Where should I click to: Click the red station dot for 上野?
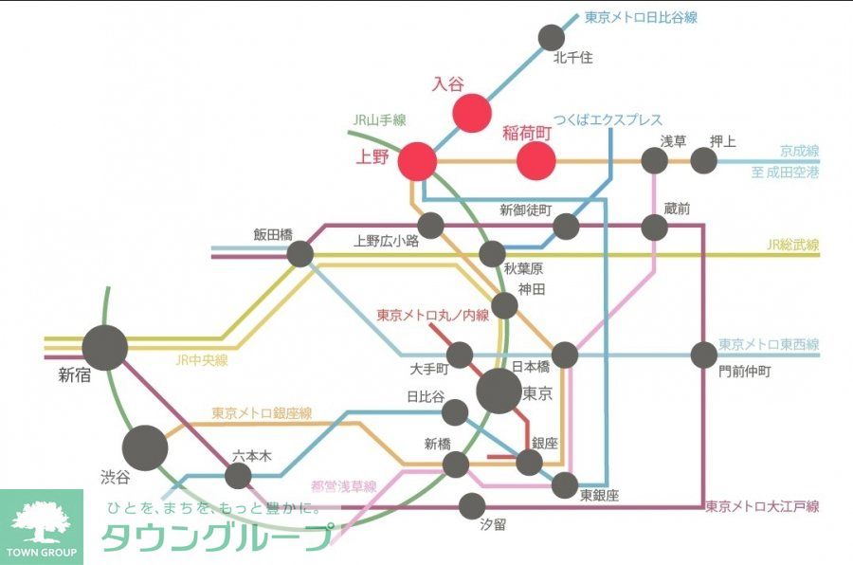[417, 161]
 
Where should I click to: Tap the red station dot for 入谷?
[471, 111]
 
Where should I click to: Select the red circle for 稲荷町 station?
[535, 161]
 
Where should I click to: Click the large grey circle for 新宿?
[104, 347]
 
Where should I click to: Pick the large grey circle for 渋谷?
[144, 447]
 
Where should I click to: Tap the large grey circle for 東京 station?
[499, 391]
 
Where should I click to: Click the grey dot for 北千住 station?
[551, 37]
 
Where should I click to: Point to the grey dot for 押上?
[703, 160]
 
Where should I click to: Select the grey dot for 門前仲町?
[703, 355]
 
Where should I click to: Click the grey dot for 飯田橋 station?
[299, 253]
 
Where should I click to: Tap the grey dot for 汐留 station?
[472, 506]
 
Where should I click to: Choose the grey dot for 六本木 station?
[238, 476]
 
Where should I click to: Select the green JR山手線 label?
[379, 120]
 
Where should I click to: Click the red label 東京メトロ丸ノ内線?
[432, 315]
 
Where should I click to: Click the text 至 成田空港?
[785, 173]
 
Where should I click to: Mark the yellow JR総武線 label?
[792, 246]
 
